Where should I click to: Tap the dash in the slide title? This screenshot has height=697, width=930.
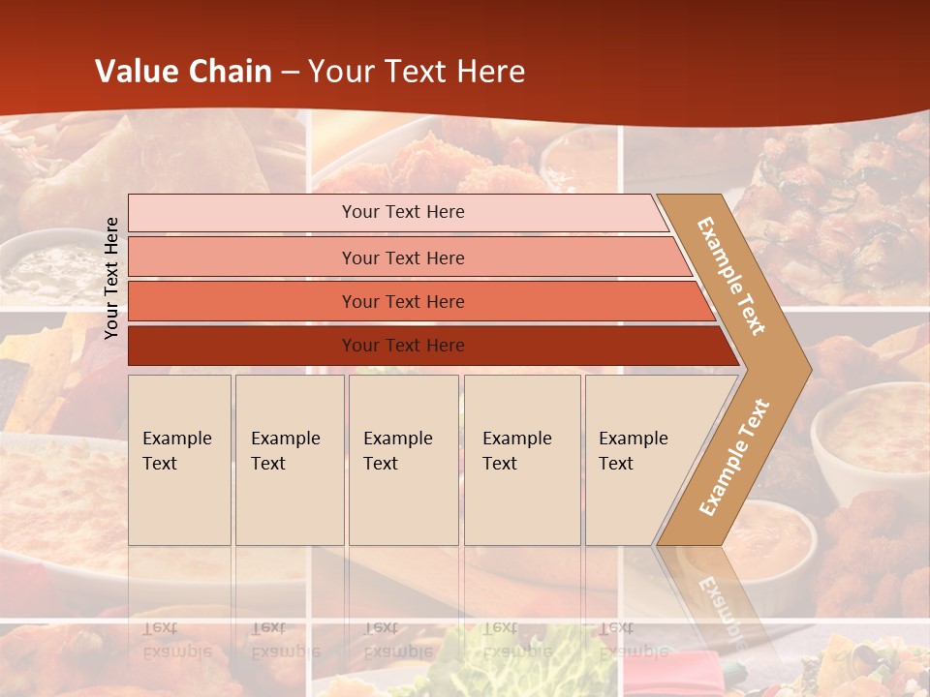tap(290, 73)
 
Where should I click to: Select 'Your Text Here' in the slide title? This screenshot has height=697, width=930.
tap(417, 72)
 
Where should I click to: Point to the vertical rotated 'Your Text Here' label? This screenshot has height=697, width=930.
tap(111, 278)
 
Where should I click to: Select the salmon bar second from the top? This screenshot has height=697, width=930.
tap(402, 258)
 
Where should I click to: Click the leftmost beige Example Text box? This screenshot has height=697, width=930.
tap(179, 460)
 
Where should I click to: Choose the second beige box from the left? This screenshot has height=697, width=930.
tap(290, 460)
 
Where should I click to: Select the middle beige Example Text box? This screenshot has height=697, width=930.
tap(403, 460)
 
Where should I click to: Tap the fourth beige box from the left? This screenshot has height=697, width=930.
tap(522, 460)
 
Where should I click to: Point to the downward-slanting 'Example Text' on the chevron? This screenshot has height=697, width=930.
tap(731, 276)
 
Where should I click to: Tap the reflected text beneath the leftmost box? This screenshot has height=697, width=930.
tap(176, 640)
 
